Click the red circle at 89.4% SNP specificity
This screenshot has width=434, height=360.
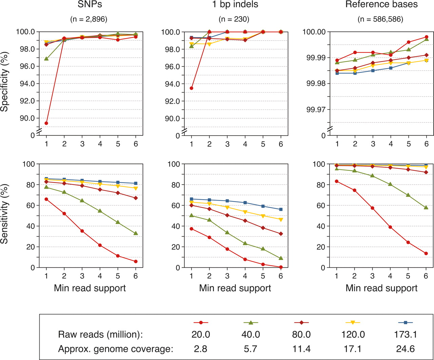tap(46, 123)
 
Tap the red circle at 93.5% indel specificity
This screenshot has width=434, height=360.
tap(192, 88)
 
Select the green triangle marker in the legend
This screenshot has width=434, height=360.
tap(251, 323)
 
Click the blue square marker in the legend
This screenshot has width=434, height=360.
tap(405, 323)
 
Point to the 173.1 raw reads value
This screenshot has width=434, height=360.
tap(405, 335)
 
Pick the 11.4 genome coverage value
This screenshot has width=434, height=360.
tap(302, 348)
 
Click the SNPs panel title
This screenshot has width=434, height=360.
tap(88, 5)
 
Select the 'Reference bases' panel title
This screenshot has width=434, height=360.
tap(381, 5)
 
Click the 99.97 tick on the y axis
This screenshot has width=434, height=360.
tap(316, 109)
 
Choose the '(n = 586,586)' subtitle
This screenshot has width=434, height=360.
tap(380, 19)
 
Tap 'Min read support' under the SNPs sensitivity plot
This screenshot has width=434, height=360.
tap(90, 288)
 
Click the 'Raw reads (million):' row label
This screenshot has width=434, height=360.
tap(100, 335)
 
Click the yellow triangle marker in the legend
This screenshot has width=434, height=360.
tap(353, 323)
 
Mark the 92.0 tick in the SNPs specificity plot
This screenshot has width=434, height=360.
tap(27, 101)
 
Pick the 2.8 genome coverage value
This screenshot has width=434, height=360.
tap(201, 348)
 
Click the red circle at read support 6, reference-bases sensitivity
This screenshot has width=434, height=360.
tap(426, 253)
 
